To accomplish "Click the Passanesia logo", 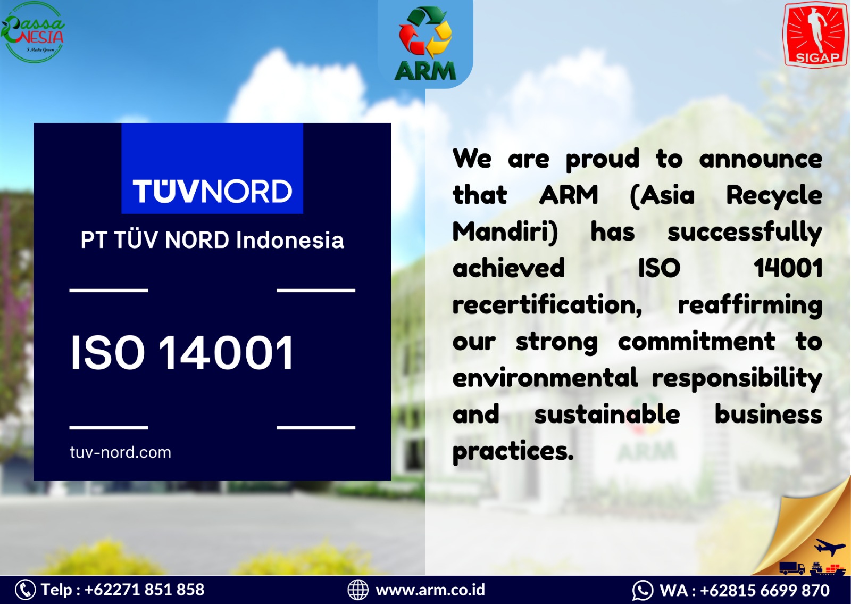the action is point(33,32).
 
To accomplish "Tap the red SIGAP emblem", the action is point(815,34).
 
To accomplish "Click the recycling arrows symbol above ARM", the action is point(425,32).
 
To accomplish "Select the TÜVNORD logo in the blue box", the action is point(212,191).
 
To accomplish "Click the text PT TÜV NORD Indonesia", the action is point(212,240).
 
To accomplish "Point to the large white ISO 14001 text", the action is point(182,353).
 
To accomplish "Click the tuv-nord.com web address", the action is point(120,452).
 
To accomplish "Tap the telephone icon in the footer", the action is point(26,590).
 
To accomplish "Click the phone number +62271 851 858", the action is point(144,590).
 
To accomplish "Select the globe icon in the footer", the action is point(358,590).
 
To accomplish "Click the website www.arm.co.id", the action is point(430,590).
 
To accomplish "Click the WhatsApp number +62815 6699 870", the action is point(765,590).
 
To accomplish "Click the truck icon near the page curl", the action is point(792,568).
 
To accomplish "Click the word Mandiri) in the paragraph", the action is point(505,232).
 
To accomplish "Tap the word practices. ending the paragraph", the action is point(513,451).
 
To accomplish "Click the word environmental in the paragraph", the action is point(545,378).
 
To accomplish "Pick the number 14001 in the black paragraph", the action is point(788,268).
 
